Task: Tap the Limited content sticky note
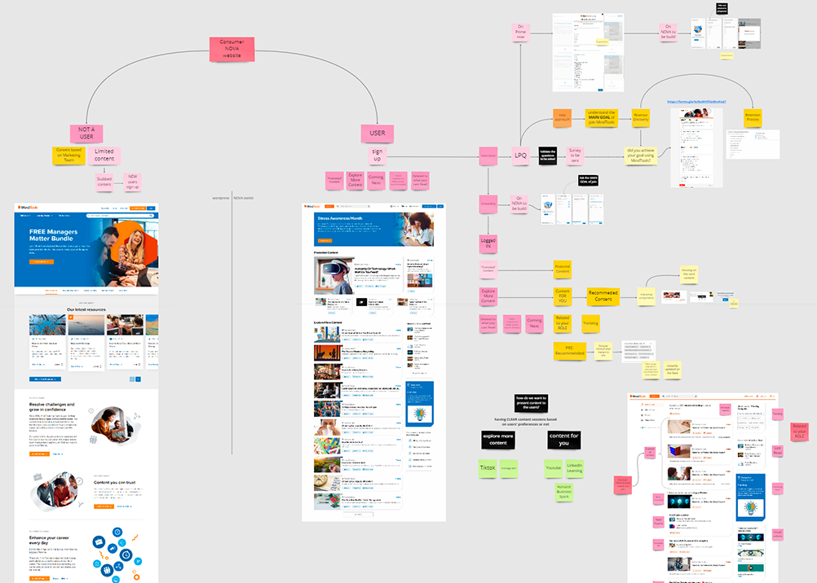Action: point(104,155)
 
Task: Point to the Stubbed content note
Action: point(104,182)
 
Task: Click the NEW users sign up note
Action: point(132,181)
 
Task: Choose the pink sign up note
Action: point(377,155)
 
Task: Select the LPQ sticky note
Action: point(520,155)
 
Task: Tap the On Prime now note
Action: point(520,32)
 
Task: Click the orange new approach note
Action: point(562,118)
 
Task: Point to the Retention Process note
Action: point(753,118)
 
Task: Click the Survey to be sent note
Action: point(575,154)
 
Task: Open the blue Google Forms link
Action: point(696,102)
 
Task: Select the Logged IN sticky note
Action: point(488,243)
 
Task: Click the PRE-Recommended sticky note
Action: point(570,350)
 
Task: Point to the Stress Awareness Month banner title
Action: point(341,219)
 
